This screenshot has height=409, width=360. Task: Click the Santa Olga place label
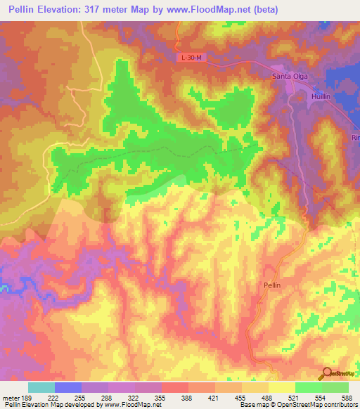coord(290,76)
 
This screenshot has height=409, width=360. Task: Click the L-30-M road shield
coord(190,58)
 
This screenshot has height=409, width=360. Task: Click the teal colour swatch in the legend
coord(41,387)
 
